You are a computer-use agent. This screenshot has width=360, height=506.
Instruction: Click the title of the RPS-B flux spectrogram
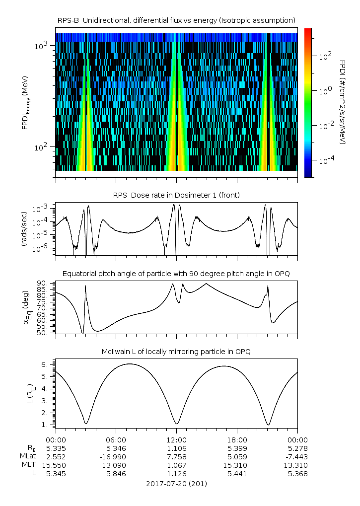click(x=176, y=20)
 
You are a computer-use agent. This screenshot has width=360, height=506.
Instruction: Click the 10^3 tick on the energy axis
click(x=41, y=46)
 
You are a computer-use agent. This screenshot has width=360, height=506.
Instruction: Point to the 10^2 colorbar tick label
click(x=325, y=57)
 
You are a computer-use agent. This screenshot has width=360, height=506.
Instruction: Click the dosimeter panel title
click(x=176, y=195)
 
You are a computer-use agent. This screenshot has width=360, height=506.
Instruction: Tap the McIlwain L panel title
click(x=176, y=352)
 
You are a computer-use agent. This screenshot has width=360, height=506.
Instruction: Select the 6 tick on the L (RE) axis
click(x=45, y=364)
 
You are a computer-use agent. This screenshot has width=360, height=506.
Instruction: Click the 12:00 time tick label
click(x=176, y=440)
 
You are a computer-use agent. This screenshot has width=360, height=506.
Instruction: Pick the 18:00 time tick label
click(x=237, y=440)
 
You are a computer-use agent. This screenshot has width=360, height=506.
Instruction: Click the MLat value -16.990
click(x=116, y=456)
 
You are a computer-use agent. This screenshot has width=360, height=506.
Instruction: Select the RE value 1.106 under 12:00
click(x=176, y=448)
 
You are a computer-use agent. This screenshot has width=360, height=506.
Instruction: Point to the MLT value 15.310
click(x=237, y=465)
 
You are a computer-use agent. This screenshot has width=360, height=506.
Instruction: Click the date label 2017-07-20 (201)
click(x=176, y=483)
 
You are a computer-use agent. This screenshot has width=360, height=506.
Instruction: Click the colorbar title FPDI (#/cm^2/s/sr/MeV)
click(x=342, y=102)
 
